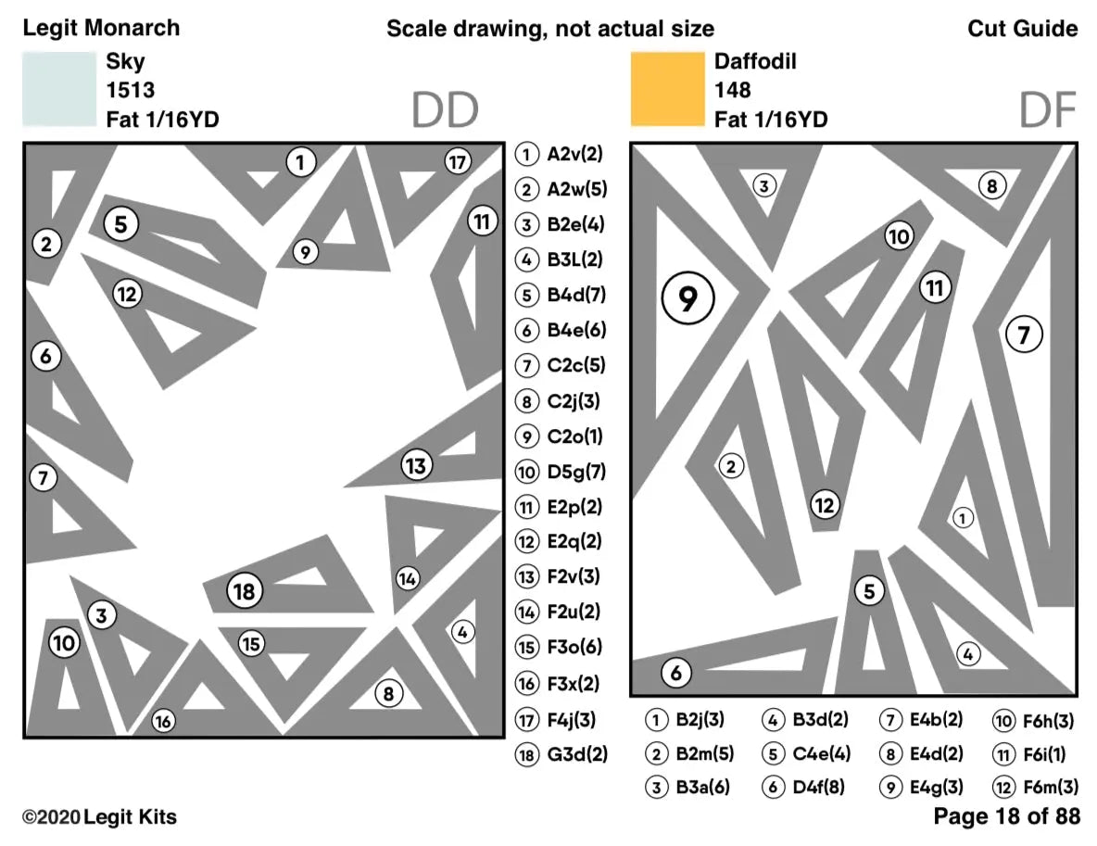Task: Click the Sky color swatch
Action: coord(59,89)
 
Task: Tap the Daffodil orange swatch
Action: coord(667,89)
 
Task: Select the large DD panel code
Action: coord(445,110)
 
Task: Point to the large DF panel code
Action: coord(1048,110)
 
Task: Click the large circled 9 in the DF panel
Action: coord(687,297)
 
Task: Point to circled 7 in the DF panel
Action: coord(1024,334)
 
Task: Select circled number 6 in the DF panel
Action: coord(676,673)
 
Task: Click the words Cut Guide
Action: coord(1023,29)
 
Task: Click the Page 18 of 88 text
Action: coord(1006,816)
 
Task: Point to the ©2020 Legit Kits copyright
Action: coord(99,817)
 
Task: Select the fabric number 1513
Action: coord(129,91)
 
